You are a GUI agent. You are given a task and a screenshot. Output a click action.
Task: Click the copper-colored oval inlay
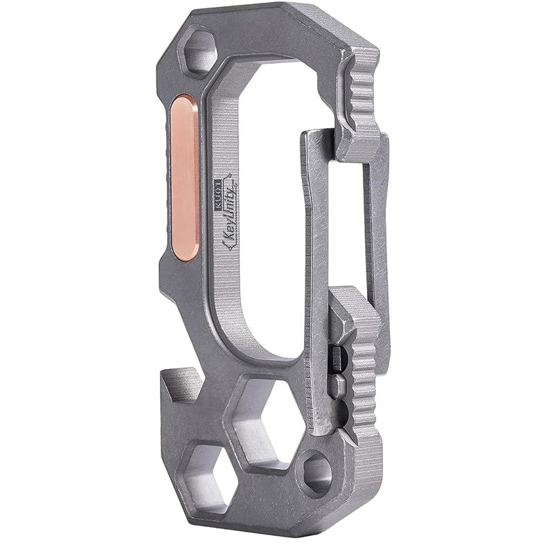point(184,178)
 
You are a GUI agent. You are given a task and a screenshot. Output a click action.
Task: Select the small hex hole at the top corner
point(197,53)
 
